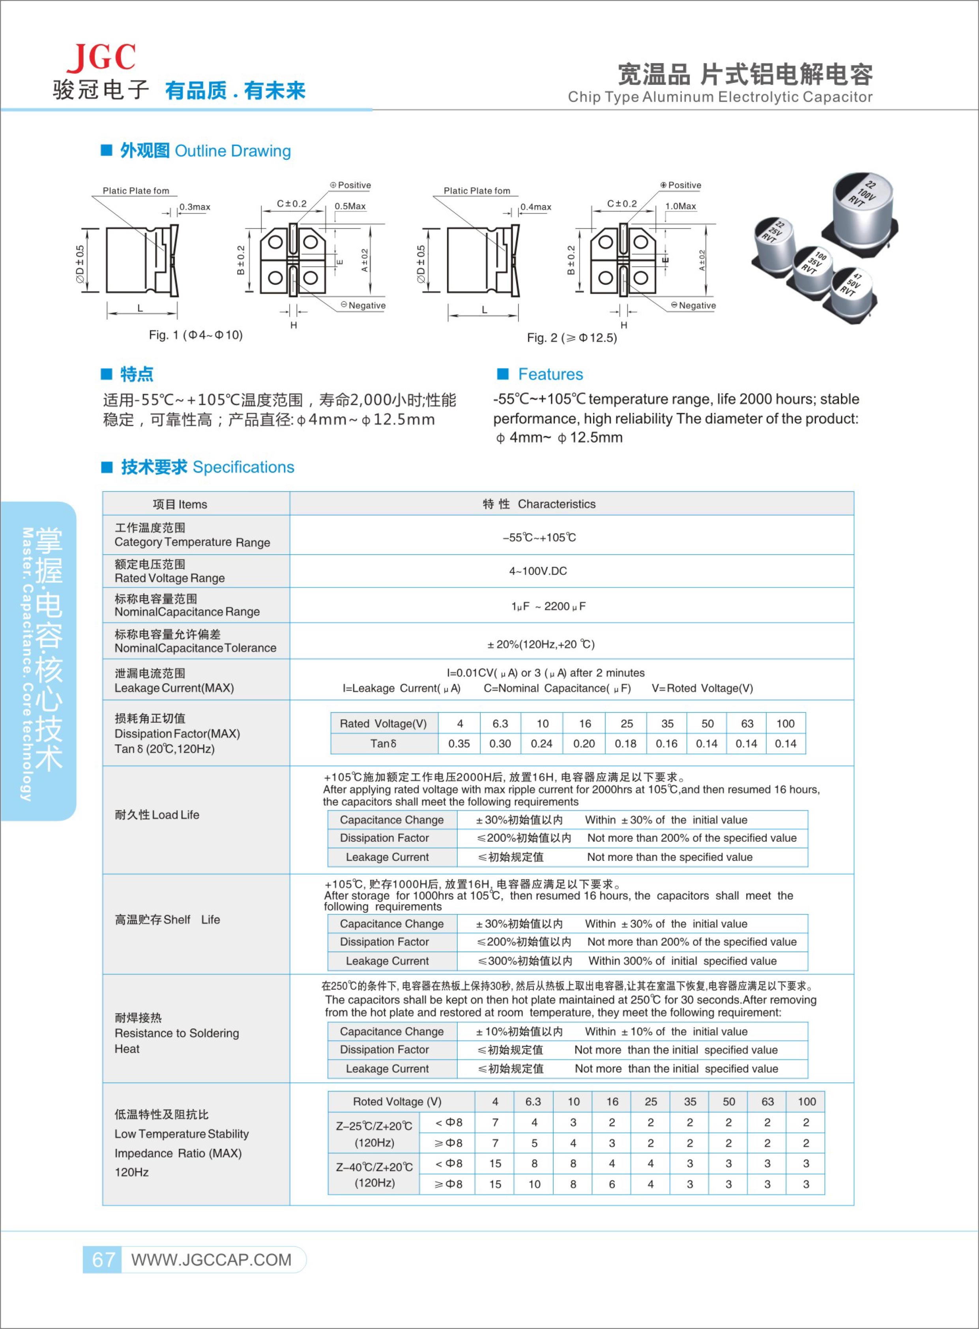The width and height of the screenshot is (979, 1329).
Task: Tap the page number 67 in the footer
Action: pyautogui.click(x=103, y=1259)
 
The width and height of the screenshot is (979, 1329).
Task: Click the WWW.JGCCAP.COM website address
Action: pyautogui.click(x=212, y=1260)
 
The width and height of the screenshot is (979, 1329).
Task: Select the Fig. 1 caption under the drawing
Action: pyautogui.click(x=196, y=335)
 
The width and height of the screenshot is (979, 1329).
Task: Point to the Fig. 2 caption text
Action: pyautogui.click(x=572, y=338)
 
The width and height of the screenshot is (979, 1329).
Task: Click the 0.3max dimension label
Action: pyautogui.click(x=195, y=207)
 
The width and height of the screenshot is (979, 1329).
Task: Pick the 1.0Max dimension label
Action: pyautogui.click(x=680, y=206)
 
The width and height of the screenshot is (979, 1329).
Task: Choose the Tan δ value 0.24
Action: pyautogui.click(x=542, y=744)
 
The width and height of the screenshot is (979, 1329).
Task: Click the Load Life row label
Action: pyautogui.click(x=157, y=815)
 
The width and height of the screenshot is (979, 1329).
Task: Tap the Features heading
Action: pyautogui.click(x=550, y=374)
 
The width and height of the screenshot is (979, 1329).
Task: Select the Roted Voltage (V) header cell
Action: pyautogui.click(x=397, y=1101)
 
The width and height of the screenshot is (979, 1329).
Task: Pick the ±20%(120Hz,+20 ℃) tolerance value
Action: pyautogui.click(x=541, y=644)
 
